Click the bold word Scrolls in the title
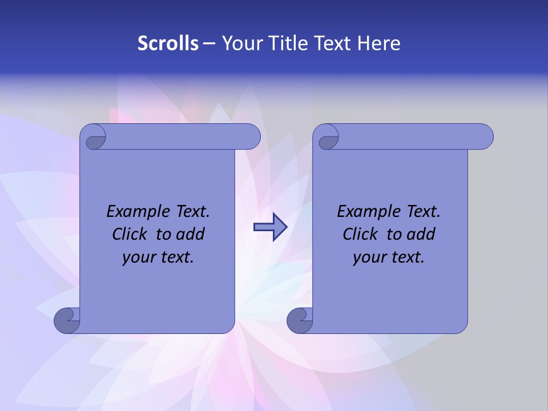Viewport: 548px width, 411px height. tap(168, 43)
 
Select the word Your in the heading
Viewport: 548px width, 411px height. tap(240, 43)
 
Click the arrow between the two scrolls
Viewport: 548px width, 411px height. tap(270, 227)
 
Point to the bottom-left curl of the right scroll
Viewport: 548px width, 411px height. tap(300, 320)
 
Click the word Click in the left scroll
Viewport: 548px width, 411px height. tap(130, 234)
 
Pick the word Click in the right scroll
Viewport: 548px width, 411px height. tap(361, 234)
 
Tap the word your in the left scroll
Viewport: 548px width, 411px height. tap(139, 257)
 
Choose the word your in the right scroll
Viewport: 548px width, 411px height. tap(369, 257)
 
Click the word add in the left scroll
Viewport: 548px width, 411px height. tap(191, 234)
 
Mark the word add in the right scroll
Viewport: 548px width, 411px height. tap(422, 234)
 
